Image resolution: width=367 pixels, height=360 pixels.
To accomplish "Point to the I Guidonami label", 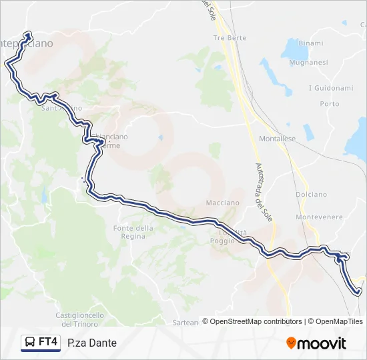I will tap(330, 88).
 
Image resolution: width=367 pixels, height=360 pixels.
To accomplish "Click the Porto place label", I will tap(330, 104).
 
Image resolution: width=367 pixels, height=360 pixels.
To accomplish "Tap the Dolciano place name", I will tap(310, 194).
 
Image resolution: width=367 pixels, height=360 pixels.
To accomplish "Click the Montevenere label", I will tap(319, 217).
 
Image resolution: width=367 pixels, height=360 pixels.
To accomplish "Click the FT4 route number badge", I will tap(48, 342).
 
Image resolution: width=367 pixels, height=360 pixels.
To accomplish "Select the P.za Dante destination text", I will tap(92, 343).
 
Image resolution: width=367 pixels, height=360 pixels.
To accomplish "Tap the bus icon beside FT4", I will tap(30, 343).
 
